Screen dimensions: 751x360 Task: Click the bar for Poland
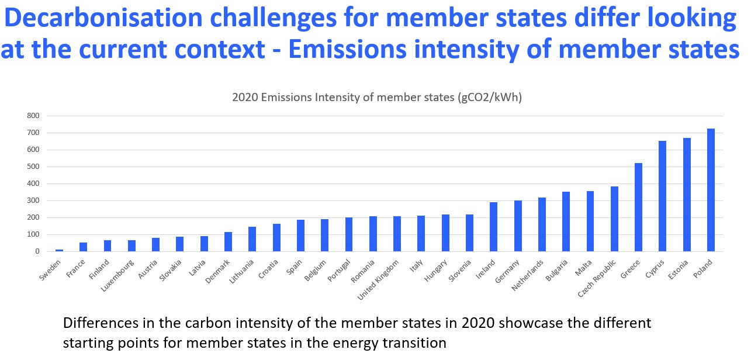(711, 190)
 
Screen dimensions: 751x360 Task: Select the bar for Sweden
(60, 250)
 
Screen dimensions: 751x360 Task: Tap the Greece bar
(638, 207)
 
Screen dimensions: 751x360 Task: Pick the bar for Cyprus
(663, 196)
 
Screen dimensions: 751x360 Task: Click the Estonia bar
(687, 195)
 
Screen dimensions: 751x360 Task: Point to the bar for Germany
(518, 226)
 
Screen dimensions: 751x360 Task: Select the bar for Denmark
(228, 242)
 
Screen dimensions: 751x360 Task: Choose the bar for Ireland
(493, 227)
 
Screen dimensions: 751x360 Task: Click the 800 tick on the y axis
(33, 116)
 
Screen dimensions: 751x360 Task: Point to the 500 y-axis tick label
(33, 167)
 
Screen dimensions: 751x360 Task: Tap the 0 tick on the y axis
(37, 251)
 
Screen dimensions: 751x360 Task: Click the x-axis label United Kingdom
(378, 279)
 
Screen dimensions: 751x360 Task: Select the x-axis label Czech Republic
(597, 278)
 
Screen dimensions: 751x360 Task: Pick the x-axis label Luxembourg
(117, 275)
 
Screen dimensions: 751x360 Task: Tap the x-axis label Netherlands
(527, 275)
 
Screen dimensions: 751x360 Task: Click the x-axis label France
(75, 268)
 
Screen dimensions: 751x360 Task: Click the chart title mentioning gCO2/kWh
(377, 97)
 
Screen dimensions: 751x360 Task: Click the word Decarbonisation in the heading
(103, 18)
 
